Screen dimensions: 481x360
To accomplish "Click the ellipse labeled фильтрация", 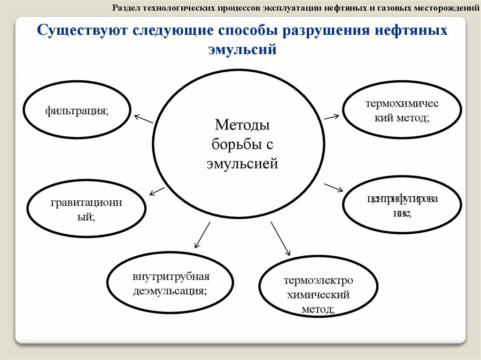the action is click(x=77, y=111).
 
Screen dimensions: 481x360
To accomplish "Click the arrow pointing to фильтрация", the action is click(x=144, y=119).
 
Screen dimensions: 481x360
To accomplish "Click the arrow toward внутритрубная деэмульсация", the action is click(x=202, y=234).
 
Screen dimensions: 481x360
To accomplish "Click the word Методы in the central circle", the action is click(x=242, y=125).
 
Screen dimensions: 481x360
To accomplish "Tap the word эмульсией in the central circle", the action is click(x=242, y=164).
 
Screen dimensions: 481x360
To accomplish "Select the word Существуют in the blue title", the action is click(x=84, y=32).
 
